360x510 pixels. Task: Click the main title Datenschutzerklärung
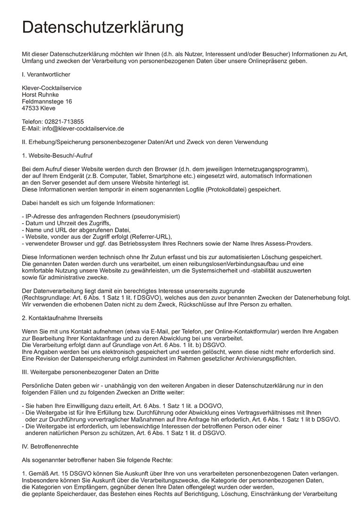102,27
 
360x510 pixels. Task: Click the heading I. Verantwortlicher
46,75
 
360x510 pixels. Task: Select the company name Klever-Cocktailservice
52,88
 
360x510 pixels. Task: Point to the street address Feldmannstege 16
47,102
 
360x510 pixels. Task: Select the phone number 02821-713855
64,122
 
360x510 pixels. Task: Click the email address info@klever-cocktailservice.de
83,128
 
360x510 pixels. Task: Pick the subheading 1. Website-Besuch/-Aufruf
60,155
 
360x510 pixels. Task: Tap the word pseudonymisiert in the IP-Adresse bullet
155,216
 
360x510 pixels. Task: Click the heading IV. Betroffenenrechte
50,446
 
